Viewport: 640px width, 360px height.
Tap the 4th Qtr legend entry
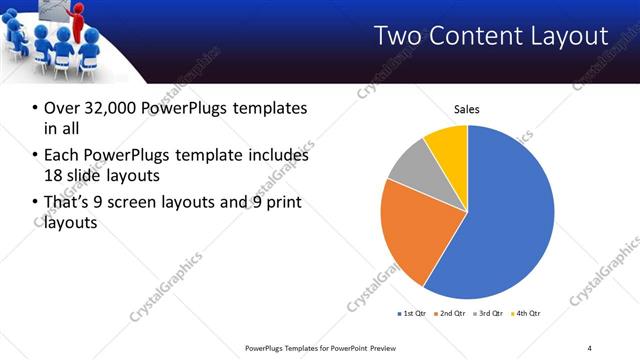[528, 314]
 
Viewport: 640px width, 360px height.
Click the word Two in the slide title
[397, 36]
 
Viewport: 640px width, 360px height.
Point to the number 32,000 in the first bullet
[111, 108]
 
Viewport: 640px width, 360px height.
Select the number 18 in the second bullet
[53, 175]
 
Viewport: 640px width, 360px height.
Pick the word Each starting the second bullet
[62, 156]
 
